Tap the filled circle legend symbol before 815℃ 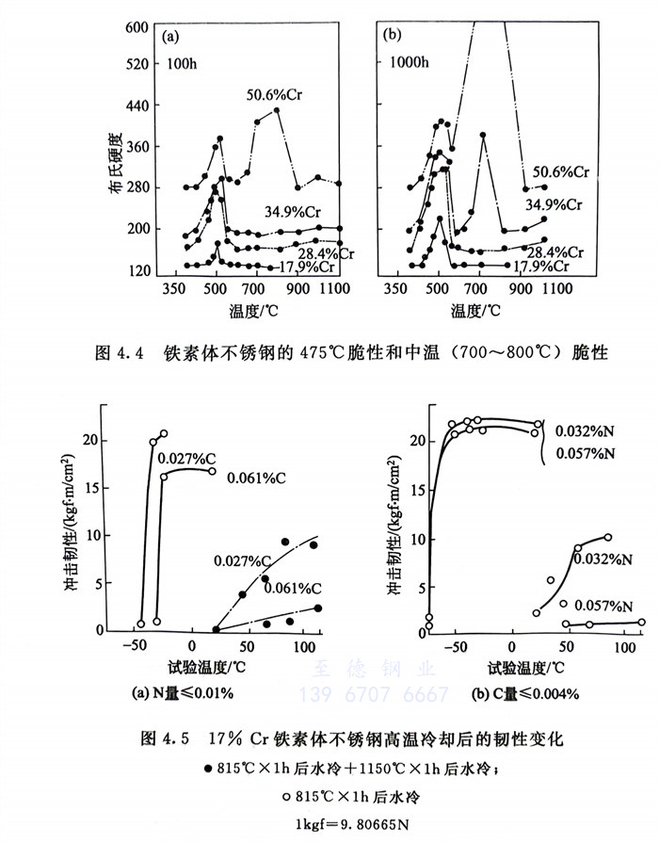point(208,768)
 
